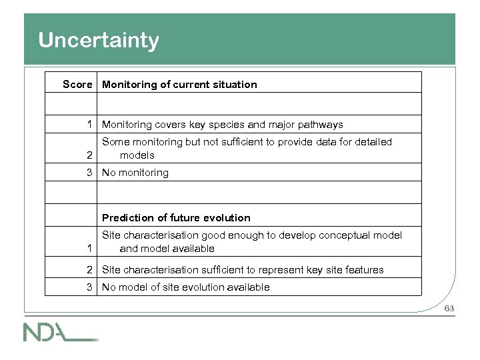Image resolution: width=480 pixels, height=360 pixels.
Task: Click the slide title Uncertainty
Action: click(99, 41)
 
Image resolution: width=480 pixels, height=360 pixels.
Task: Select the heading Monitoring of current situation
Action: click(179, 85)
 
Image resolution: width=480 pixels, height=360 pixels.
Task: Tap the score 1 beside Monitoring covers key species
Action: click(89, 124)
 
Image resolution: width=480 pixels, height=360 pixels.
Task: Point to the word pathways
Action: click(321, 124)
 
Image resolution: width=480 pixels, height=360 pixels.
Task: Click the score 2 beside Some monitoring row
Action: click(89, 155)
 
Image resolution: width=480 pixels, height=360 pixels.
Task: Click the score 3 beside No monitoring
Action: click(89, 173)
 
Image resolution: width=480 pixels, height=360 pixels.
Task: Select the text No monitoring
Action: click(135, 173)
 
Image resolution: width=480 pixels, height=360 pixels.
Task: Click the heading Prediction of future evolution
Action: click(176, 218)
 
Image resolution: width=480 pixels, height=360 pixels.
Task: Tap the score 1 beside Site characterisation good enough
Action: click(89, 249)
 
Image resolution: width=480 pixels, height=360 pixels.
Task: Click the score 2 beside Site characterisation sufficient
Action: click(89, 270)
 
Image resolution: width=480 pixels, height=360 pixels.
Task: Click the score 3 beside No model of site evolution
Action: click(89, 287)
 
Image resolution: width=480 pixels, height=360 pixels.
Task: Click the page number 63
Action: click(449, 309)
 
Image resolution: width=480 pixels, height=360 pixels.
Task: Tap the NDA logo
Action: click(60, 331)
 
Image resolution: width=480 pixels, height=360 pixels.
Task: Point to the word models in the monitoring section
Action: click(137, 155)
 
